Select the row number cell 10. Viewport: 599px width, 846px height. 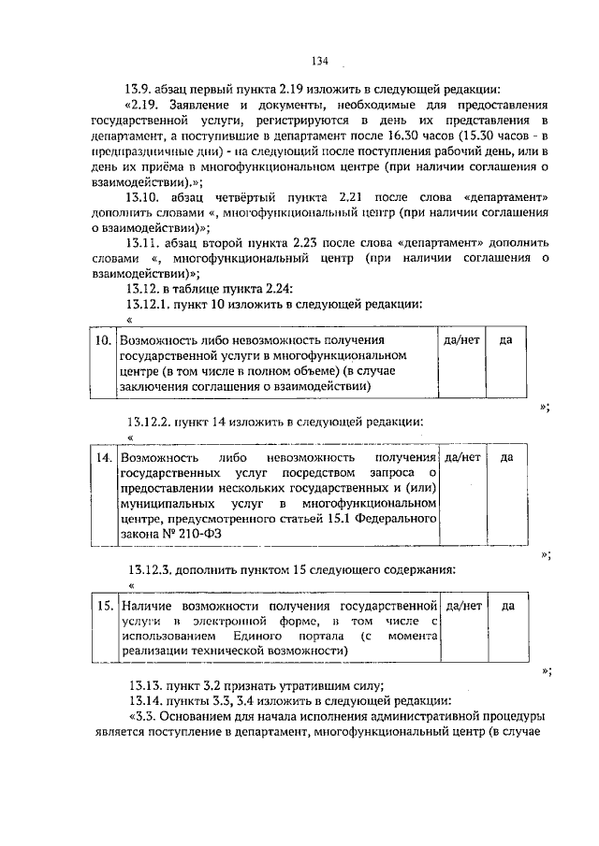click(102, 340)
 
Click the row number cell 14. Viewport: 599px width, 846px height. click(102, 458)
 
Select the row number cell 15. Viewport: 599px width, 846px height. click(102, 606)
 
